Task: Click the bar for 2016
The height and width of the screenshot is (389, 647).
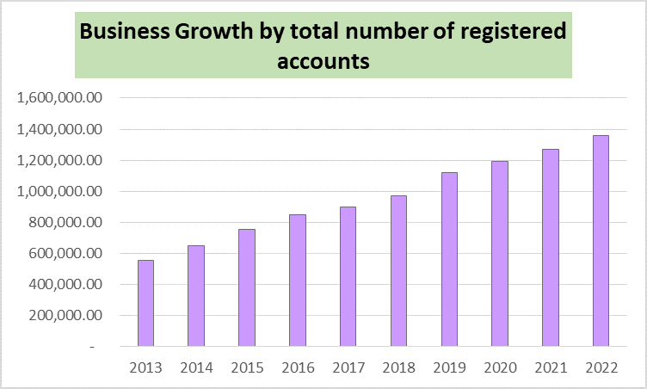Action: click(298, 281)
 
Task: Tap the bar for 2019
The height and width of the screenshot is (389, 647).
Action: click(449, 260)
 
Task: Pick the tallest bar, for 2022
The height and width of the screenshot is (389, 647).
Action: click(601, 241)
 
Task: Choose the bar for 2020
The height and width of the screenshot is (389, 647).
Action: click(499, 254)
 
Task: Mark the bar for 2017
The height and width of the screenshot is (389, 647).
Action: click(348, 276)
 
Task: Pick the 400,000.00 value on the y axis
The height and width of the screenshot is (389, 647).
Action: click(65, 284)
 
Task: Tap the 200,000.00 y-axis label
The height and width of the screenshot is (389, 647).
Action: click(65, 315)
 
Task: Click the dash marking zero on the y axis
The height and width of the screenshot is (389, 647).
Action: click(100, 346)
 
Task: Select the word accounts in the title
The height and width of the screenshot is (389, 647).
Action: click(323, 61)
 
